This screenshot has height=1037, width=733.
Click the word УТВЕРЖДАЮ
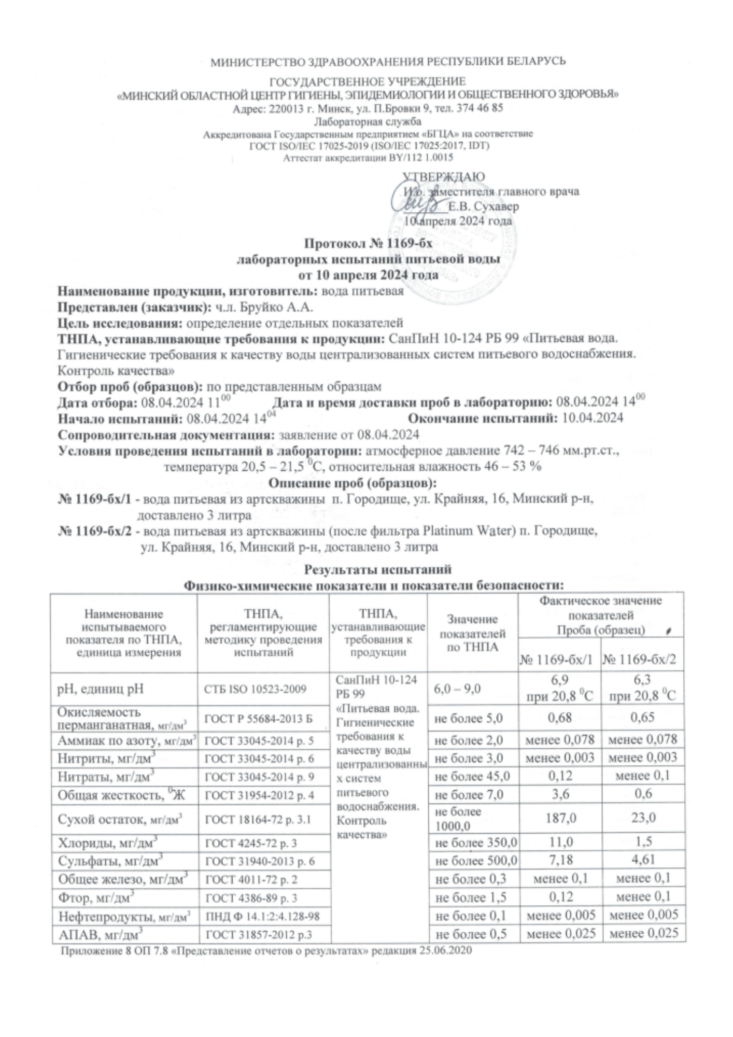(x=444, y=177)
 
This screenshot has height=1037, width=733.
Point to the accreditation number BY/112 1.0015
(x=420, y=158)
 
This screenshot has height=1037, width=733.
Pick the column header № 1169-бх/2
(x=642, y=660)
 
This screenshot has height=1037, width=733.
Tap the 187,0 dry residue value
(x=559, y=818)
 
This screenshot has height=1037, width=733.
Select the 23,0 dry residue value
(x=643, y=818)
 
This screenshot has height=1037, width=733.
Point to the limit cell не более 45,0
(x=472, y=776)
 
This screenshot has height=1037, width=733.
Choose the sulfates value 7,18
(x=559, y=859)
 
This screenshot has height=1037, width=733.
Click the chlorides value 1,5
(x=643, y=841)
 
